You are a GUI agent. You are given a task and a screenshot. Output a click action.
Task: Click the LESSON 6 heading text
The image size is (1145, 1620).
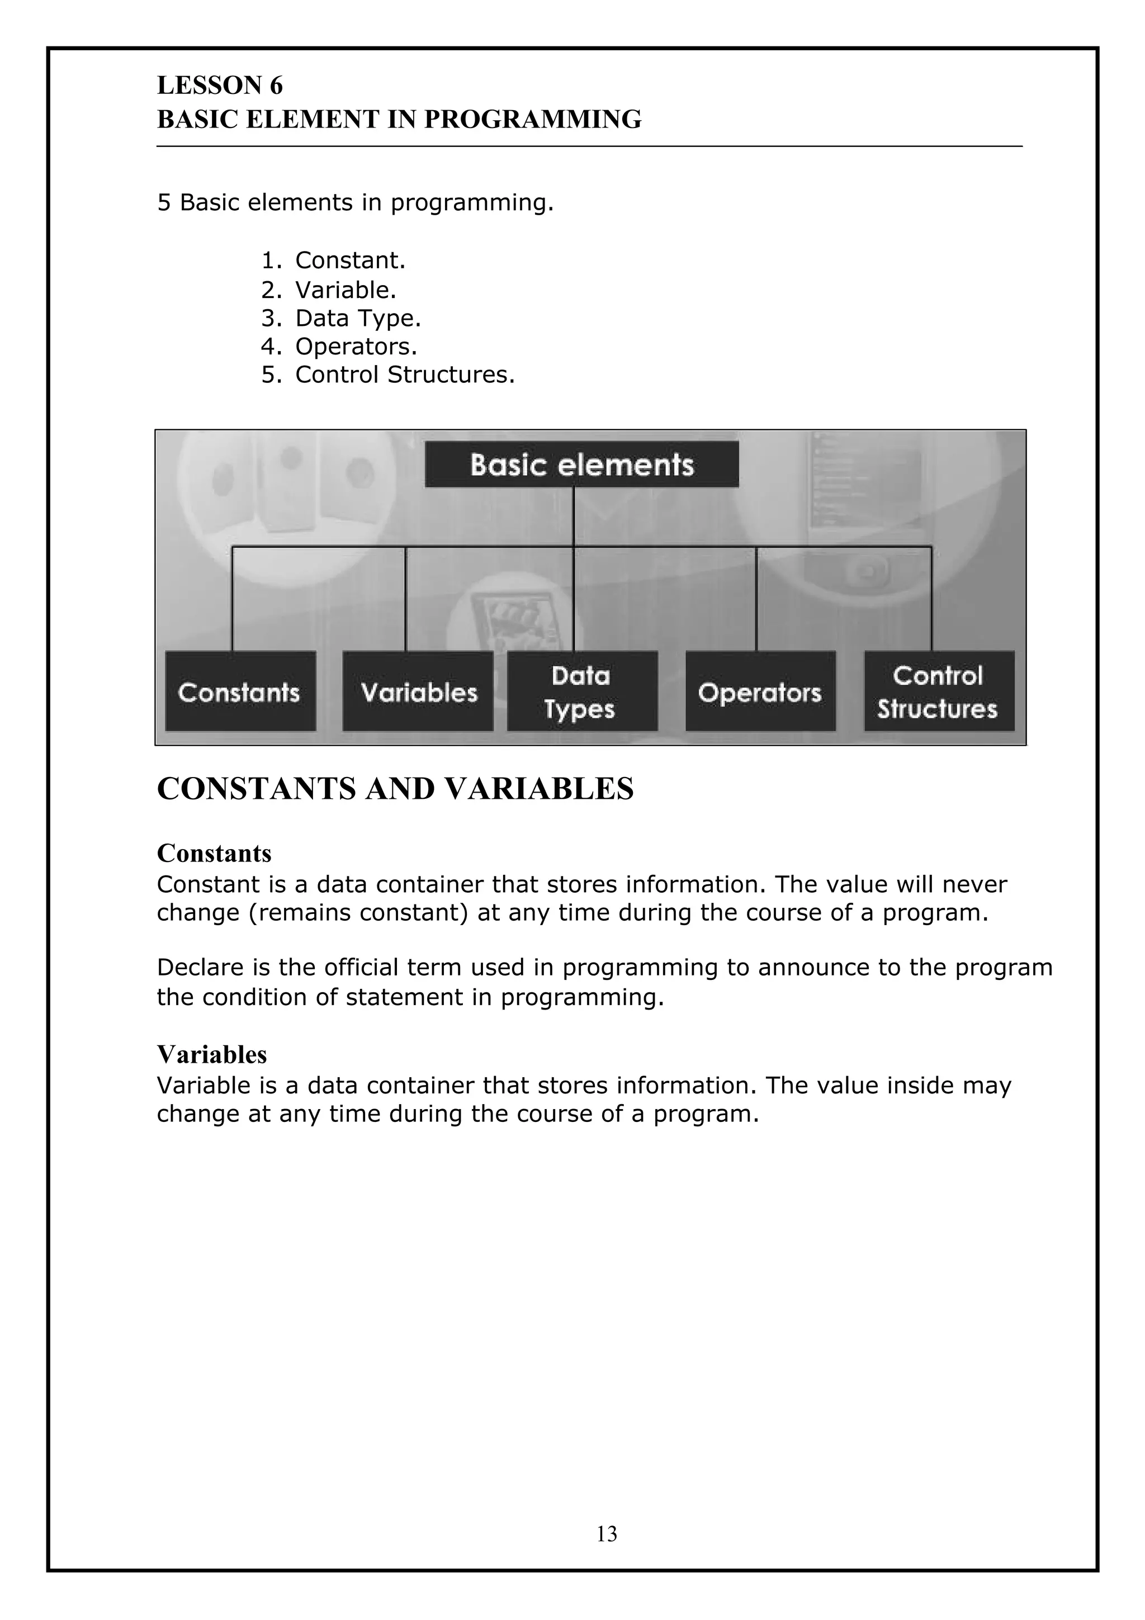tap(219, 86)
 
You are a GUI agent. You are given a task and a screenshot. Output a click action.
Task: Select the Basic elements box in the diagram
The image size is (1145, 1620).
tap(581, 465)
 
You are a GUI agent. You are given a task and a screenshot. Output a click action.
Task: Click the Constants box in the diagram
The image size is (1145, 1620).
tap(240, 691)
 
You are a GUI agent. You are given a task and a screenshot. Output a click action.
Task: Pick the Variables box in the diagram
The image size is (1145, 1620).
tap(418, 691)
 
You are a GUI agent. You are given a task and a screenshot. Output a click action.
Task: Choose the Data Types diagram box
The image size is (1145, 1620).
tap(581, 691)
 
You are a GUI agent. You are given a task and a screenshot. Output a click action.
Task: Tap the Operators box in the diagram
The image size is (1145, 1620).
tap(760, 691)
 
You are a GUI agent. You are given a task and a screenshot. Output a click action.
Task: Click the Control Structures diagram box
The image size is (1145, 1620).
tap(938, 691)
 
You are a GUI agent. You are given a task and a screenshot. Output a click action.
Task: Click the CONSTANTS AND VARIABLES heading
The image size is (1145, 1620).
tap(395, 789)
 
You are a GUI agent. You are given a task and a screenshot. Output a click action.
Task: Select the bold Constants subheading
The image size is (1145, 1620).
tap(214, 853)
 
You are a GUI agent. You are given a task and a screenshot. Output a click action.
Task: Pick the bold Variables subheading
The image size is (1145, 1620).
tap(212, 1054)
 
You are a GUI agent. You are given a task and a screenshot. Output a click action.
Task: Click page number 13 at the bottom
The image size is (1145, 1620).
tap(607, 1534)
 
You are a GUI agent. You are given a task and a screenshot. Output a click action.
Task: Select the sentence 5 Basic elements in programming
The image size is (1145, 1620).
tap(355, 202)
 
